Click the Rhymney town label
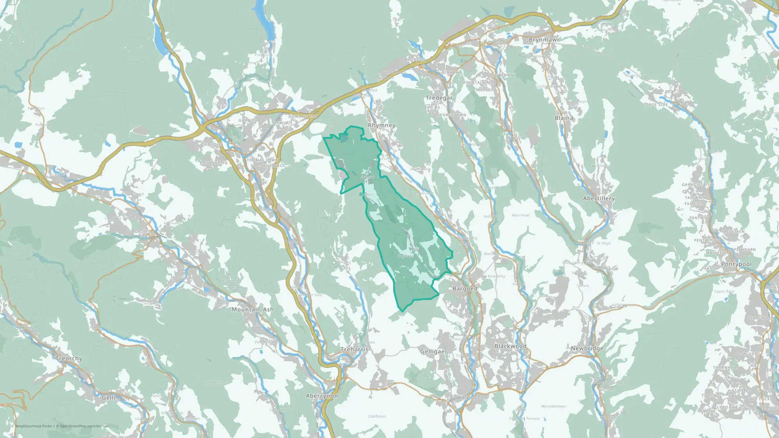click(382, 125)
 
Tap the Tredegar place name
click(439, 98)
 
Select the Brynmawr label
click(544, 40)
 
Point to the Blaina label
click(564, 118)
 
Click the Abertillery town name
click(599, 199)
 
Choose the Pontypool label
click(736, 264)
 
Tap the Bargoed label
click(465, 288)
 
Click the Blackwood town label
click(510, 346)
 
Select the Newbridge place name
click(587, 348)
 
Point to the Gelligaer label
click(434, 352)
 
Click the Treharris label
click(354, 350)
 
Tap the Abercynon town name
click(322, 396)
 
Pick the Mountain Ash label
click(252, 310)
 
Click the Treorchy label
click(69, 359)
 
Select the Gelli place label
click(108, 398)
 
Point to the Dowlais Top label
click(303, 116)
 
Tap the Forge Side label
click(656, 105)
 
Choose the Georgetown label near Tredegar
click(451, 115)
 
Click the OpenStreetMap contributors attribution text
click(84, 426)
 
